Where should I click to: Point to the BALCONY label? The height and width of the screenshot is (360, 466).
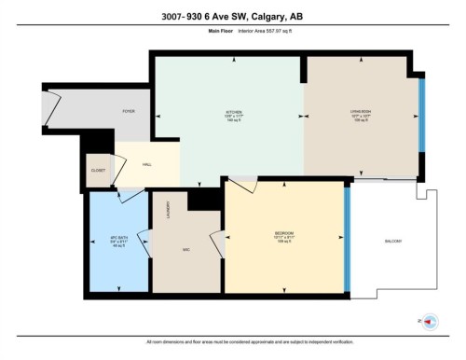[392, 242]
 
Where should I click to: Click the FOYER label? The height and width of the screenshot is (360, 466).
[129, 111]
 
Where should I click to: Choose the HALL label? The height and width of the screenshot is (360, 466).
[146, 164]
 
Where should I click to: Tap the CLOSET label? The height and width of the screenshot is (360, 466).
[98, 171]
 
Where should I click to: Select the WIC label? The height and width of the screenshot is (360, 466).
[186, 250]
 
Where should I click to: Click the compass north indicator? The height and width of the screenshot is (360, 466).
[430, 321]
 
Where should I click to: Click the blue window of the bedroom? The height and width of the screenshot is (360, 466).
[348, 241]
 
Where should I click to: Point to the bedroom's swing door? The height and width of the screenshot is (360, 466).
[240, 187]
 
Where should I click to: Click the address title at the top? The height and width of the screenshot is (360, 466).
[232, 16]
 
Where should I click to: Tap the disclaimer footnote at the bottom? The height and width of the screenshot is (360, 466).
[232, 343]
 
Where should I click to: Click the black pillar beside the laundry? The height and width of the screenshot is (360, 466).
[200, 199]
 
